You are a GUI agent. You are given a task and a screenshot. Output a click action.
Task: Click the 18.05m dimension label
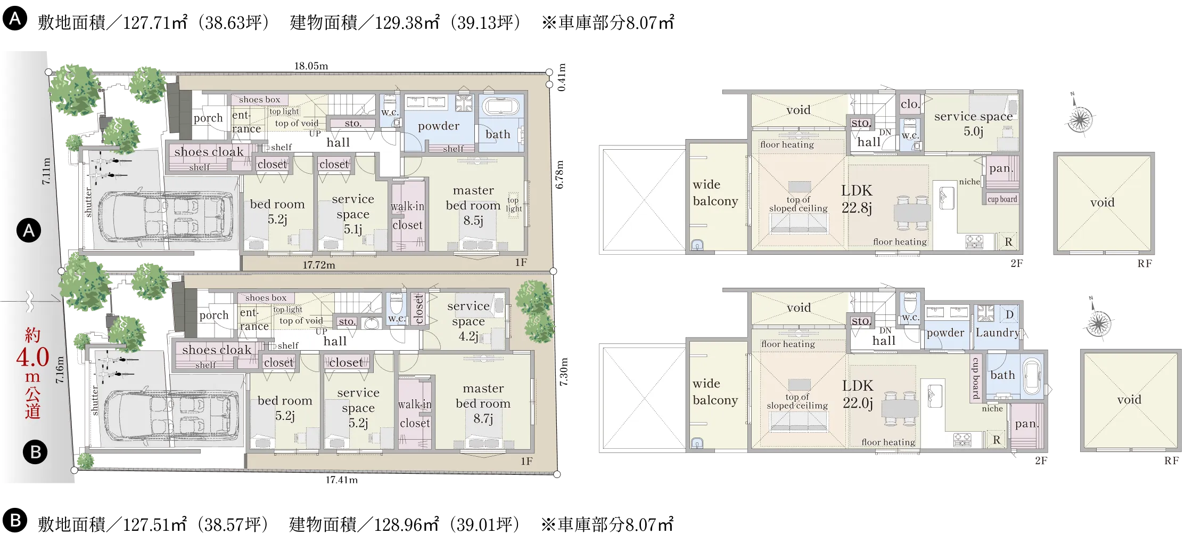311,66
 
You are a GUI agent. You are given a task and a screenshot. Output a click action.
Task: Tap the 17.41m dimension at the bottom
342,480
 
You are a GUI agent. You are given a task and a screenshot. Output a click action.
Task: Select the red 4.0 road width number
32,357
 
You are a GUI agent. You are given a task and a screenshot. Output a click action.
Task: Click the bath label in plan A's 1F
498,134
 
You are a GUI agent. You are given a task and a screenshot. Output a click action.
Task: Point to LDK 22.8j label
857,199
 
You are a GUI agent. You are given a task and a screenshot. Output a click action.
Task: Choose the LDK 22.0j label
858,394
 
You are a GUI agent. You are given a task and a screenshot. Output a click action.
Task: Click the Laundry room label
997,333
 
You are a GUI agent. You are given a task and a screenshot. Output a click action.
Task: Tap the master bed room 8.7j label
483,403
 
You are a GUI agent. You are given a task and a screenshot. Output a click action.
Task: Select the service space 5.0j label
974,124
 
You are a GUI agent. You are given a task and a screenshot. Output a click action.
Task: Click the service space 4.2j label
468,321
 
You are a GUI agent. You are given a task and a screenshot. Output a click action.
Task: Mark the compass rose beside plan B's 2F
1098,322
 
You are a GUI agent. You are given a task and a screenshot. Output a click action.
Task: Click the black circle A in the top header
15,19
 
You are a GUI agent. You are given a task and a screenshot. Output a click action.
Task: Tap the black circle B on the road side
35,452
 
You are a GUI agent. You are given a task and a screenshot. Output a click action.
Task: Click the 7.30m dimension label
564,372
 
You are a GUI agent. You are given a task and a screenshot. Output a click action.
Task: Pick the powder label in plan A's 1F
439,126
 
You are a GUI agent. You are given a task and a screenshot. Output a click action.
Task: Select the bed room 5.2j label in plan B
285,408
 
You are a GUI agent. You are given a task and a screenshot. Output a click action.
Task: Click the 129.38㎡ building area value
407,22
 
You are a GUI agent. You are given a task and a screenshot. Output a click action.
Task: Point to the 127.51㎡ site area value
155,524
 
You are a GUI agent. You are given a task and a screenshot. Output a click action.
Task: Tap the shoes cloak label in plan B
217,350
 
